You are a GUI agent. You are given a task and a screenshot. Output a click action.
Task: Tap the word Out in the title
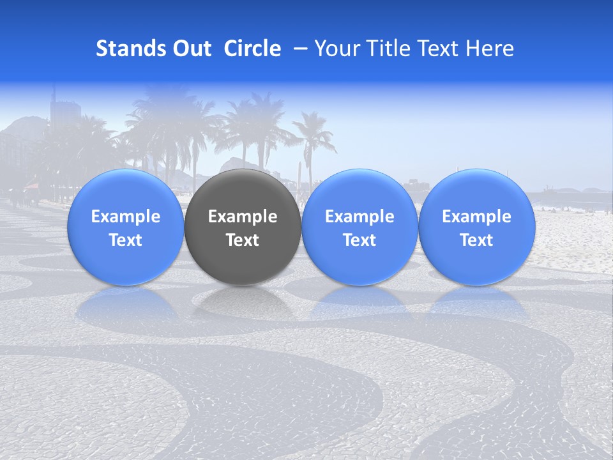coord(190,49)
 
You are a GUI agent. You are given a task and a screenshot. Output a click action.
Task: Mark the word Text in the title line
coord(443,49)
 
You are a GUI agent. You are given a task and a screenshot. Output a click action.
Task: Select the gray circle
coord(242,227)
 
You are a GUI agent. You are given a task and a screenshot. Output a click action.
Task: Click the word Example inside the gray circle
coord(242,217)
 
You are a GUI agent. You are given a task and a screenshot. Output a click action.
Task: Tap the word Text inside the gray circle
coord(242,240)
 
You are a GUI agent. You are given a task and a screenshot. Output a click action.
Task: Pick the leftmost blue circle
coord(125,227)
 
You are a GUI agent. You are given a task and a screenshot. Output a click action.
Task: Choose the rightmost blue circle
coord(476,227)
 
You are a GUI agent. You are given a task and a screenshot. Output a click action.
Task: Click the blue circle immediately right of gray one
coord(359,227)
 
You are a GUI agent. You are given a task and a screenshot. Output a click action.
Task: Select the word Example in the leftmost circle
coord(125,217)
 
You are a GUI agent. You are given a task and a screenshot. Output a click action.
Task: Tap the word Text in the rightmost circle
coord(476,240)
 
